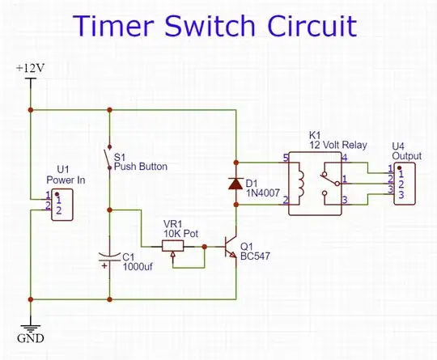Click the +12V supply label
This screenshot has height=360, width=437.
tap(30, 69)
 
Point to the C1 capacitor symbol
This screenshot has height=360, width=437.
tap(108, 260)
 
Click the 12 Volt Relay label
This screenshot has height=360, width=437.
tap(337, 146)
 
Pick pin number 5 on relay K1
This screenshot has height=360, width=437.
tap(285, 157)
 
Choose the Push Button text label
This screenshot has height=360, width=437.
tap(140, 167)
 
